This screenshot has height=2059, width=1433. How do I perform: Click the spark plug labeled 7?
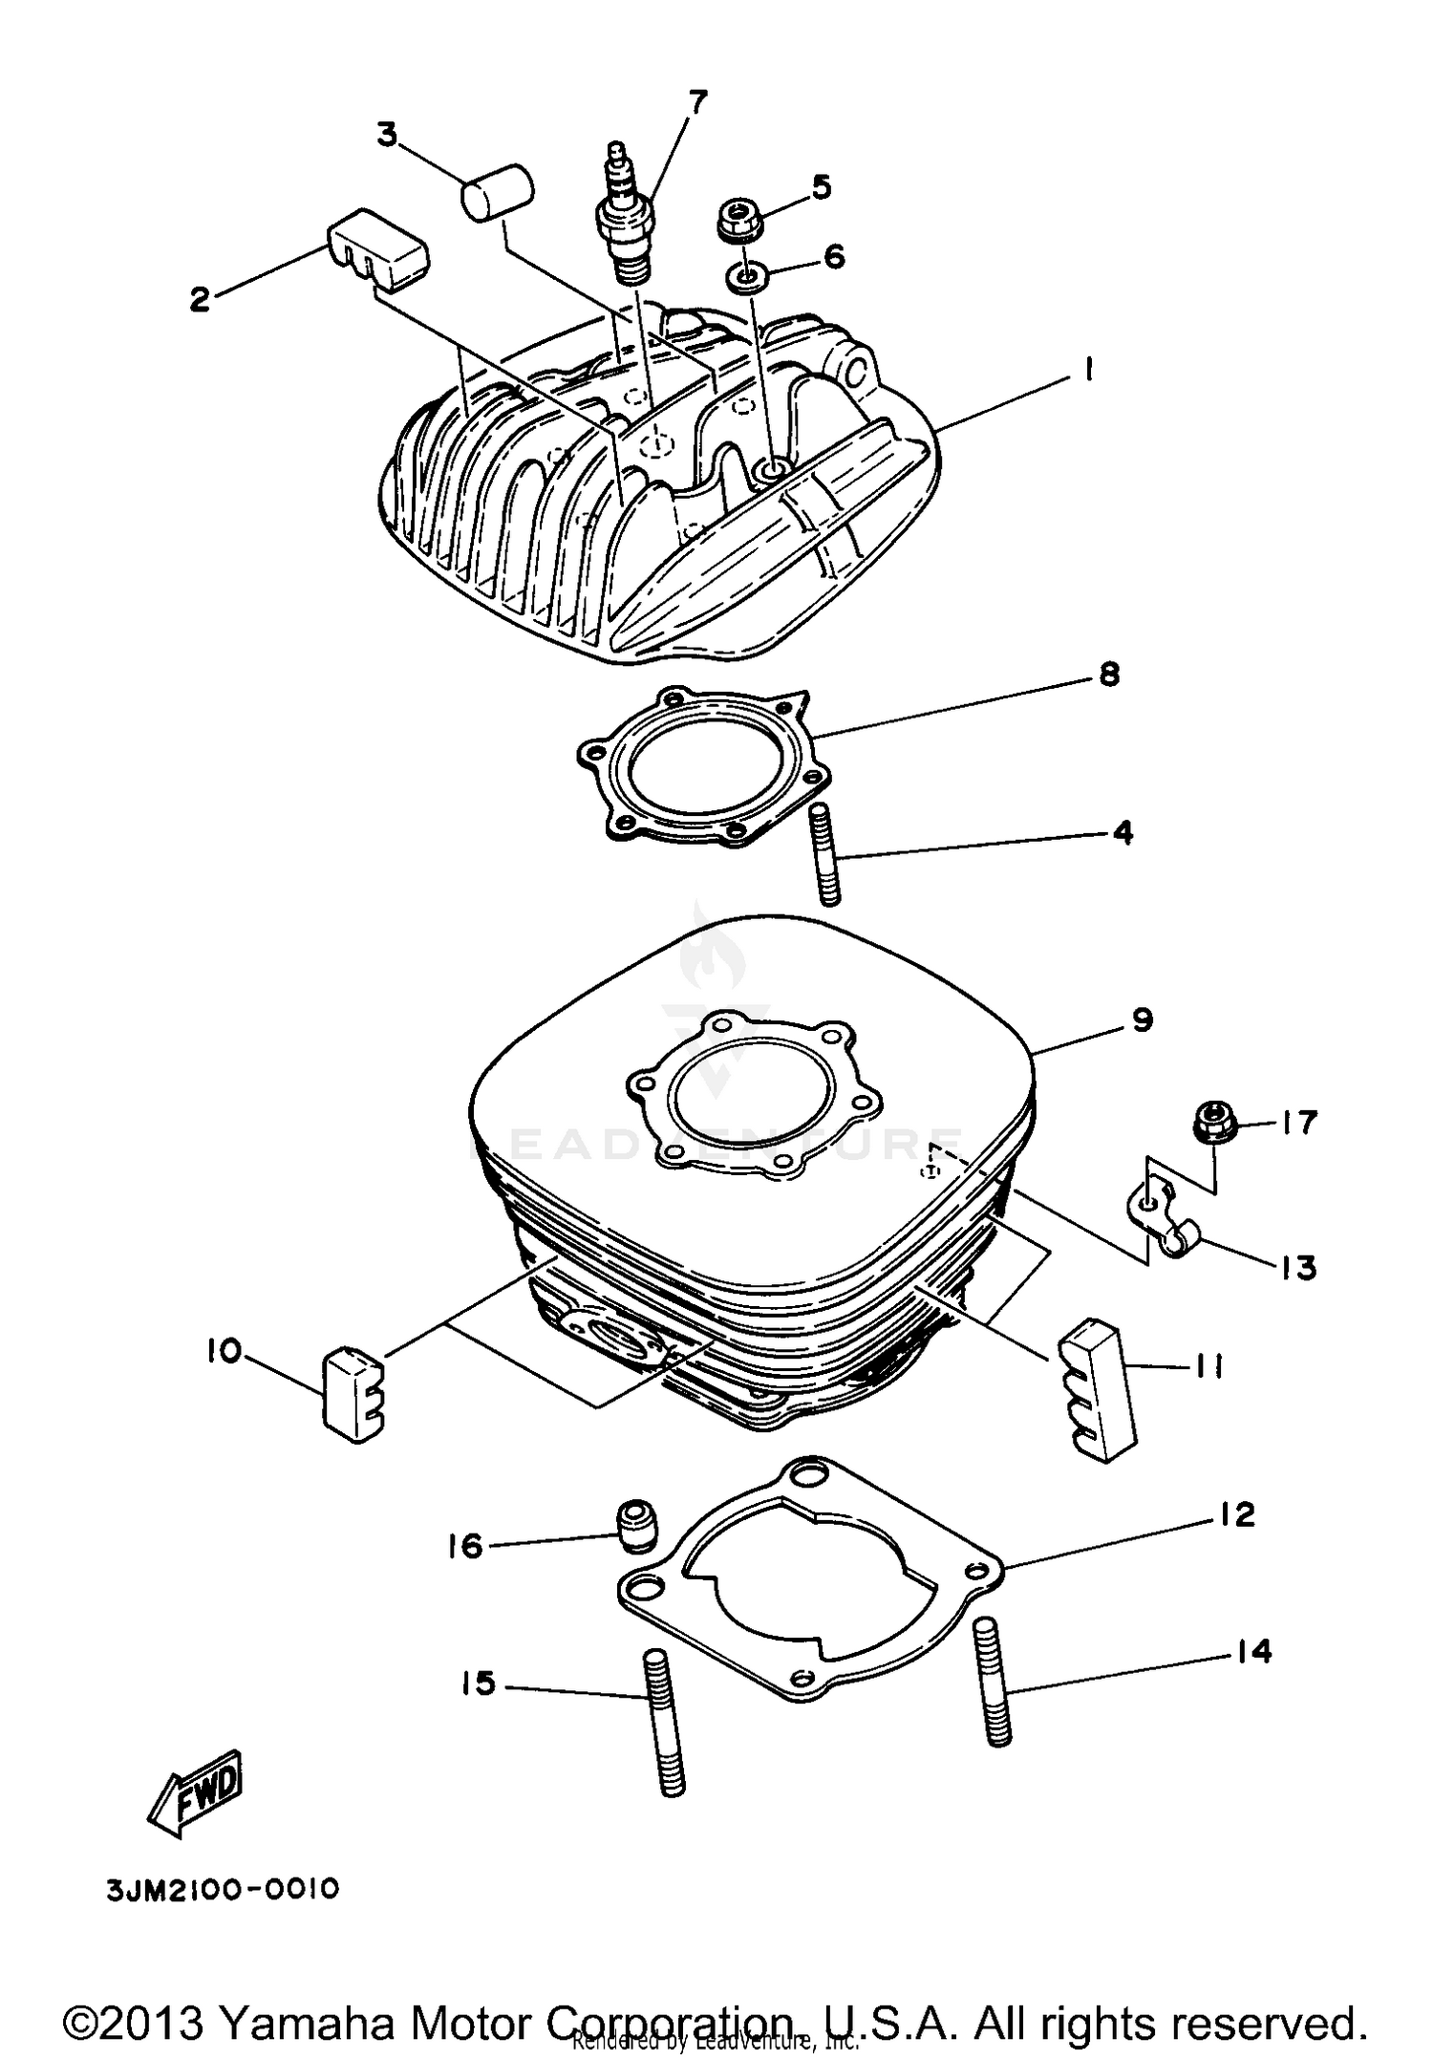(x=624, y=215)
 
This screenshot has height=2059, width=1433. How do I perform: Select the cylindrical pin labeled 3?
(x=498, y=195)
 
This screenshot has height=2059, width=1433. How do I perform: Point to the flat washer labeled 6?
(x=747, y=278)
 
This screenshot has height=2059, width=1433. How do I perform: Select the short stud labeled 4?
(x=827, y=854)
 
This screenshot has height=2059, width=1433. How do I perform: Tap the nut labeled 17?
(x=1214, y=1123)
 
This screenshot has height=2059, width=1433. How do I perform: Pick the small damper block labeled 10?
(x=354, y=1392)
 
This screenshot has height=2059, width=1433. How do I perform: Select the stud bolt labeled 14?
(x=994, y=1684)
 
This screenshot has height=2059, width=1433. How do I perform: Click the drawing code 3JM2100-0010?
(x=222, y=1890)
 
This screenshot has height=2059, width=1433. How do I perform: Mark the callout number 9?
(x=1143, y=1019)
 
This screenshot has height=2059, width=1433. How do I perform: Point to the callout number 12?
(x=1236, y=1514)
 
